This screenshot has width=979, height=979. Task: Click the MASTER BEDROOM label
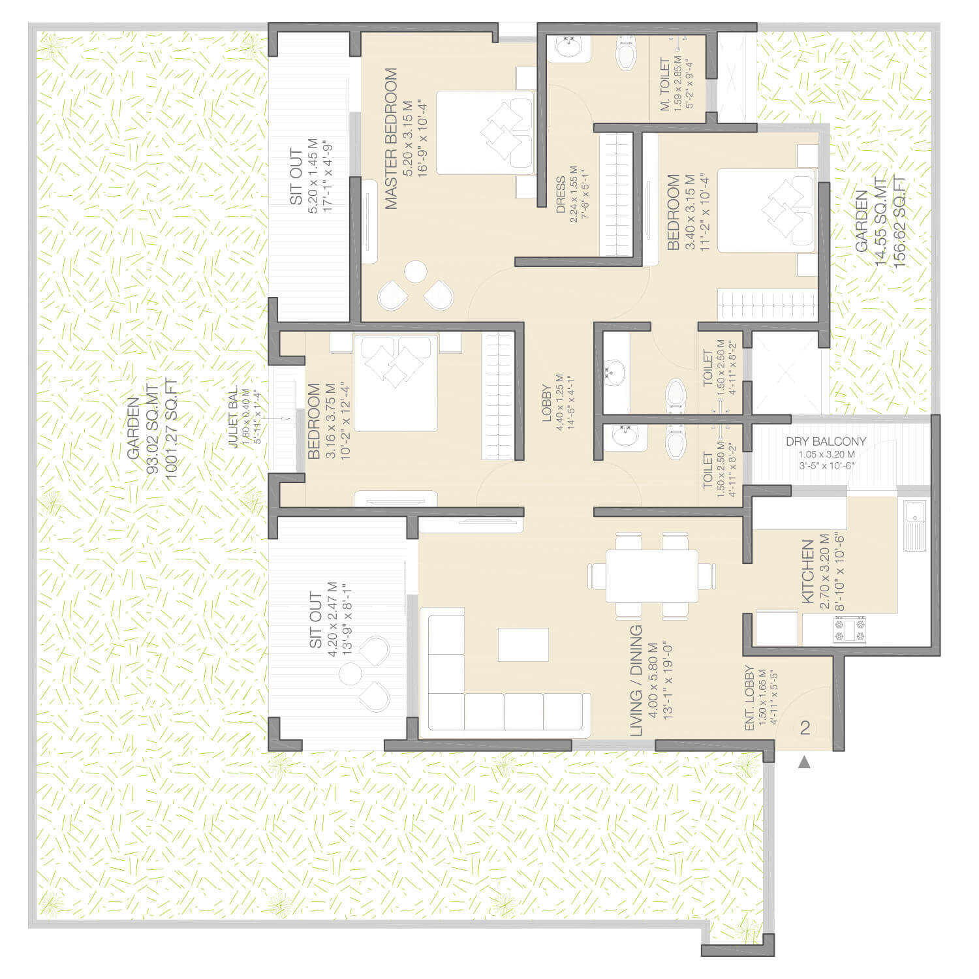point(391,138)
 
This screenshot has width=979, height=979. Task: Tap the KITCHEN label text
point(807,571)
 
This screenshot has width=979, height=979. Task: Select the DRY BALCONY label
point(826,442)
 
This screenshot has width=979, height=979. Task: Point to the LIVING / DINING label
point(636,681)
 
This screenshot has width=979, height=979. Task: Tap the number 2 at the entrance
point(805,727)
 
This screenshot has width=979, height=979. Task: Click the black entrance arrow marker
point(804,762)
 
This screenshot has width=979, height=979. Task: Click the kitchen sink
point(914,525)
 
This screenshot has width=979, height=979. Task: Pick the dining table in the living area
point(651,576)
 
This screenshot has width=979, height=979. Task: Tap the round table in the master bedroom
point(416,272)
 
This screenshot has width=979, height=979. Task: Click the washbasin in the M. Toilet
point(569,48)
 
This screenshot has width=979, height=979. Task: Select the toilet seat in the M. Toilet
point(626,53)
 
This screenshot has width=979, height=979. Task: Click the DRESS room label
point(561,195)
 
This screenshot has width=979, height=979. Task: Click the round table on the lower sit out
point(350,674)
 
